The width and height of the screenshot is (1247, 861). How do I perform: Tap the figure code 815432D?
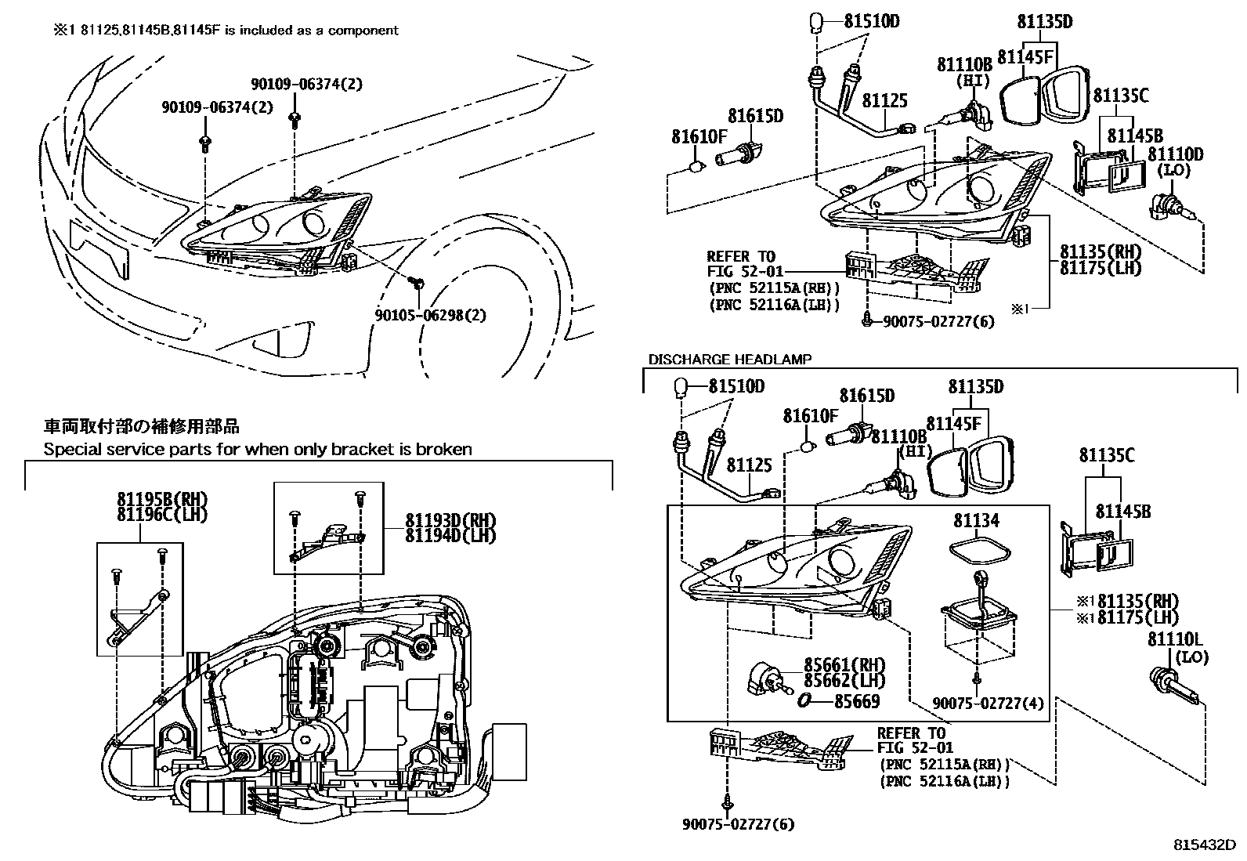pos(1203,846)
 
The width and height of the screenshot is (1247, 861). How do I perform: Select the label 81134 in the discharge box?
pos(976,520)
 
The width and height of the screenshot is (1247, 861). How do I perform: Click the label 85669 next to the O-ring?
pos(856,701)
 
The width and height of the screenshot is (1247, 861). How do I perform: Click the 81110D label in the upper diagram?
pos(1175,155)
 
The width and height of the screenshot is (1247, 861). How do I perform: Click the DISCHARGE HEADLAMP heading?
pos(729,360)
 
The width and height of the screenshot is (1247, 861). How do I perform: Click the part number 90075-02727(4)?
pos(989,704)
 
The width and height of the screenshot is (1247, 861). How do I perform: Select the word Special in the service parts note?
pos(68,450)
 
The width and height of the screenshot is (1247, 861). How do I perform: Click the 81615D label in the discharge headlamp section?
pos(866,396)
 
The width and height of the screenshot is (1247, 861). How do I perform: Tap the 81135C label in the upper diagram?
pos(1120,96)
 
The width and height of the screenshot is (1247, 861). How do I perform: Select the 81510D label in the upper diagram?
pos(871,21)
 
